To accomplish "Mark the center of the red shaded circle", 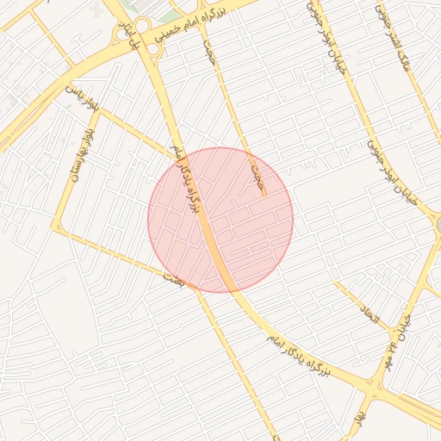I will click(x=220, y=220).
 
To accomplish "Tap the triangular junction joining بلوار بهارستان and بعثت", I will click(x=58, y=228).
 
